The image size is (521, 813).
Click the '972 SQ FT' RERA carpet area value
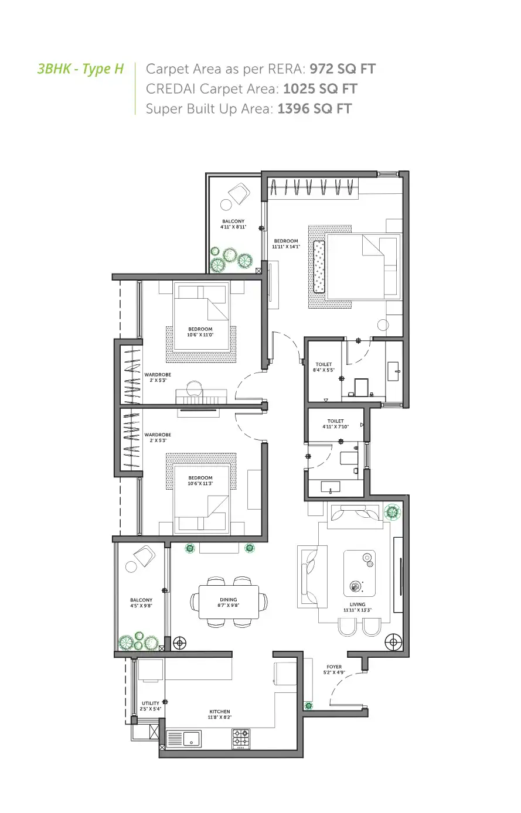[x=342, y=69]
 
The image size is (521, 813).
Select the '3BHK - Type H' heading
[x=80, y=69]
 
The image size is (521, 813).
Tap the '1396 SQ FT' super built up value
[x=314, y=109]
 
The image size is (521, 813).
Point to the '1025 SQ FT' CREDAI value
[x=319, y=89]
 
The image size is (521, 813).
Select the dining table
[x=229, y=602]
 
